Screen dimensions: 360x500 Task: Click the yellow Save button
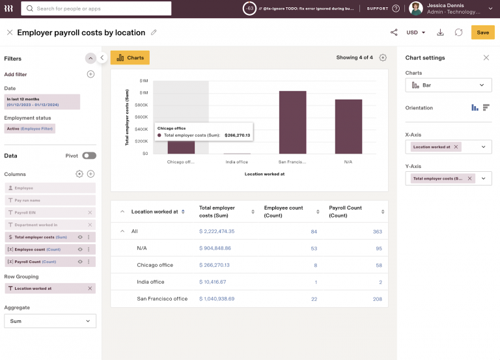[482, 33]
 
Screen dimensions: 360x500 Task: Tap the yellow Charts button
[130, 58]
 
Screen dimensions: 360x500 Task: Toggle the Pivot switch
[89, 156]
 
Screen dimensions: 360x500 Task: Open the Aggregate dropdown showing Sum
[50, 321]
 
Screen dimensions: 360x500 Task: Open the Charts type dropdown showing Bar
[449, 85]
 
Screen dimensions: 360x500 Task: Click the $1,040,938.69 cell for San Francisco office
[216, 299]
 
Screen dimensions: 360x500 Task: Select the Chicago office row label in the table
[155, 265]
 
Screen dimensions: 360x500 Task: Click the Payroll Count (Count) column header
[345, 212]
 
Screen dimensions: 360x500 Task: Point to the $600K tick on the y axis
[141, 117]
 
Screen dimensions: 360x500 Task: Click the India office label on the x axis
[236, 161]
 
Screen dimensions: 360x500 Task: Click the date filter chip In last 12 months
[42, 102]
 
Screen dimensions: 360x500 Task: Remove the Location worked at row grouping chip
[90, 288]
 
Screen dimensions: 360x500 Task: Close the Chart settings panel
[486, 58]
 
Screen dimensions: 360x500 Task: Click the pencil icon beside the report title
[154, 33]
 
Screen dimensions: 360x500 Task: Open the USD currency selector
[415, 33]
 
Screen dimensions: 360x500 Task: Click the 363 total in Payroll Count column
[377, 231]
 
